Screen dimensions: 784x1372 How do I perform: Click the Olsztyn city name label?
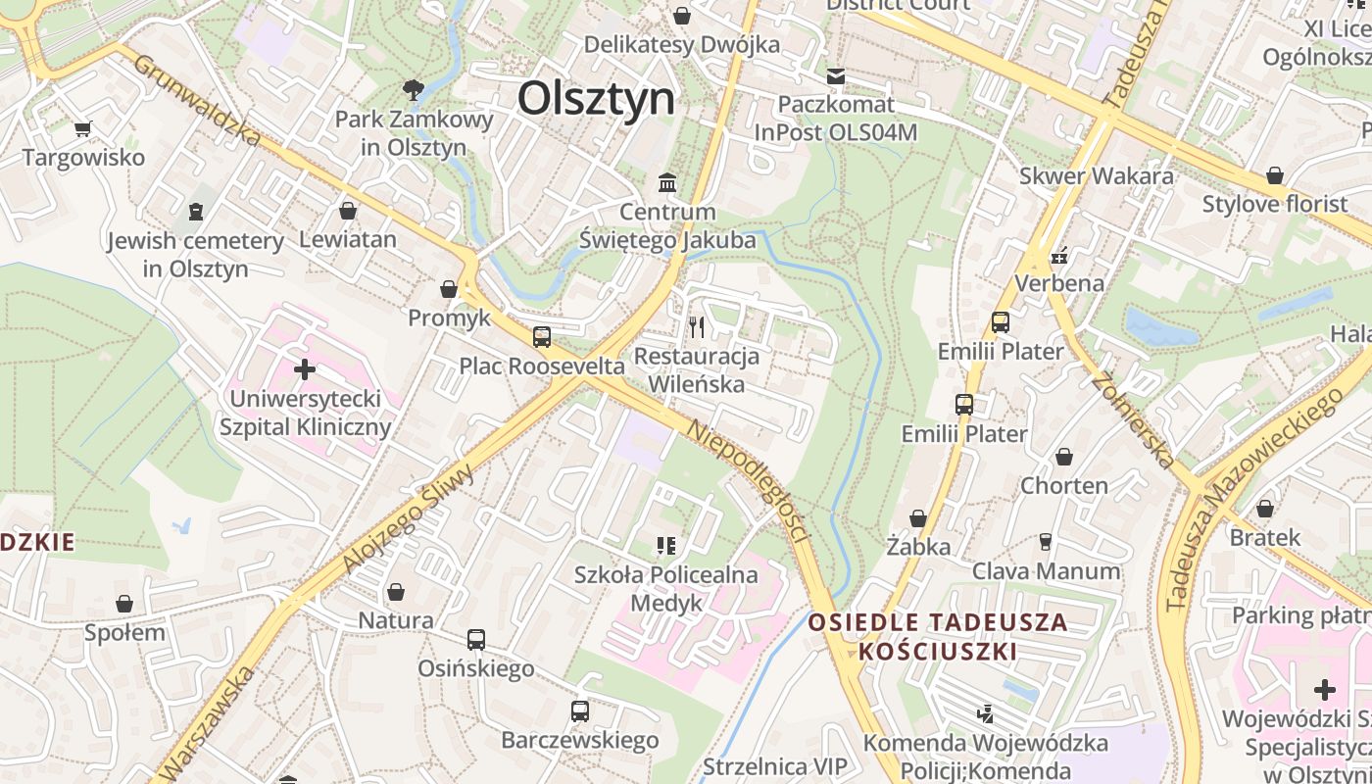click(596, 99)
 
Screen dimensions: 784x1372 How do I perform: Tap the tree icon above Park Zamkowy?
click(414, 90)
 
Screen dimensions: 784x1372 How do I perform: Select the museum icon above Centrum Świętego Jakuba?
click(668, 182)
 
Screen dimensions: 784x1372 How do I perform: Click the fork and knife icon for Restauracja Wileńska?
click(697, 326)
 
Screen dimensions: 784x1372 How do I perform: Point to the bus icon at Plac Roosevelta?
click(542, 337)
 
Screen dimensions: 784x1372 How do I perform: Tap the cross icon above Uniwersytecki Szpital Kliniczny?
click(305, 369)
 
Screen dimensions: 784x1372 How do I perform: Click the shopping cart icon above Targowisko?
click(83, 128)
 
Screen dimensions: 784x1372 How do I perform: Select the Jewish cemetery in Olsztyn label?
click(196, 254)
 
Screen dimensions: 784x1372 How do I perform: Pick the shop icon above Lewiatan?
click(347, 210)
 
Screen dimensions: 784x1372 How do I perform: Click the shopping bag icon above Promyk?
click(449, 289)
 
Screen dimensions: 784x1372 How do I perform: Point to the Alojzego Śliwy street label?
click(408, 519)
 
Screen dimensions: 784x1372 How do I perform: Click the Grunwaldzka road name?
click(197, 100)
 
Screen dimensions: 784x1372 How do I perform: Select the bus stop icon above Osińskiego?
click(476, 640)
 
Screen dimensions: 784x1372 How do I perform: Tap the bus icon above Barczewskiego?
click(580, 711)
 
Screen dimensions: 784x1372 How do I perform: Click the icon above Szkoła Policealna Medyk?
click(666, 545)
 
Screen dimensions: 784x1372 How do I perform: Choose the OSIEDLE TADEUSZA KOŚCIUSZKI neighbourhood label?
click(938, 636)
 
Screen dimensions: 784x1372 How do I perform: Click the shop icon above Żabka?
click(918, 517)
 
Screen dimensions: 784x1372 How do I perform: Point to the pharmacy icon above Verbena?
click(1059, 257)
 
